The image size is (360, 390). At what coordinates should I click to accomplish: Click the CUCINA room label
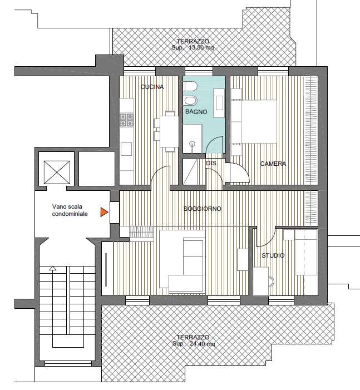[x=152, y=87]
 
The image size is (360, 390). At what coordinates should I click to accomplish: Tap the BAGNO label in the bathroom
[x=196, y=112]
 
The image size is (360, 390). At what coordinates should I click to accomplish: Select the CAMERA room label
[x=273, y=164]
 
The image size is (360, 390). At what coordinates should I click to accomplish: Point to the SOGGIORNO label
[x=203, y=209]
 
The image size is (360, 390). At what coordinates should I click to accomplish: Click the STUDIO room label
[x=273, y=255]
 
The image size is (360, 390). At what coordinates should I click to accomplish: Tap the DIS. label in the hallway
[x=212, y=164]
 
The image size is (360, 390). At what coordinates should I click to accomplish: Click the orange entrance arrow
[x=104, y=212]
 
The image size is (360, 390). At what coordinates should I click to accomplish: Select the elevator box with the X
[x=57, y=172]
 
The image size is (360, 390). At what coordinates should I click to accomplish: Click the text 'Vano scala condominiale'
[x=70, y=210]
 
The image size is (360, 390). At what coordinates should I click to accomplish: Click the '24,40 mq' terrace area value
[x=202, y=344]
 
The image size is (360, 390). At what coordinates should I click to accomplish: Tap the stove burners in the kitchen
[x=127, y=120]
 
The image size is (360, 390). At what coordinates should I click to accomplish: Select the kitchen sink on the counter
[x=126, y=149]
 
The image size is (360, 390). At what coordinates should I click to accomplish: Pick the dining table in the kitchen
[x=169, y=131]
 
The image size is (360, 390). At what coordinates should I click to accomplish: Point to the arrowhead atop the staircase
[x=52, y=268]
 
